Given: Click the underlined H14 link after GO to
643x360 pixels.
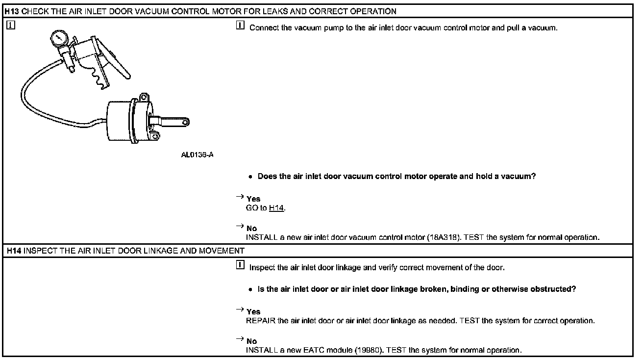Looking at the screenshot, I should (x=276, y=208).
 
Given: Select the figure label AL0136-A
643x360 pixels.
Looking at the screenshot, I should (x=197, y=155).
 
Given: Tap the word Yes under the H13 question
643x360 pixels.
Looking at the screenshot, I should (x=253, y=199).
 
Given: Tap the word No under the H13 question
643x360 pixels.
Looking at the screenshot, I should (x=251, y=229).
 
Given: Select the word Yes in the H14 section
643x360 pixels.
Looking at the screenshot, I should (x=253, y=312).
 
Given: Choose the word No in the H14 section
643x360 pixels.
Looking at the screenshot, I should (x=251, y=341).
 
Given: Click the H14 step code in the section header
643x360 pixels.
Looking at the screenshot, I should (x=14, y=251).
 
